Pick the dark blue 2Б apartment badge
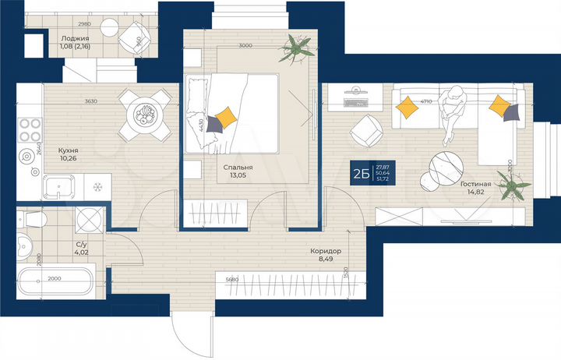[x=360, y=172]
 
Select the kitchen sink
[x=58, y=188]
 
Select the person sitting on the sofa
[x=452, y=113]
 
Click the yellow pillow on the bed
[x=225, y=118]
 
